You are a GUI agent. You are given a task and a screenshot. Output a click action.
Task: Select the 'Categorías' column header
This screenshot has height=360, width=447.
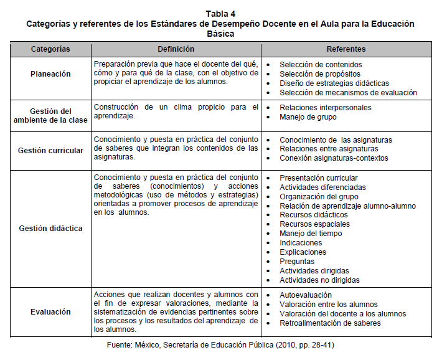coord(51,49)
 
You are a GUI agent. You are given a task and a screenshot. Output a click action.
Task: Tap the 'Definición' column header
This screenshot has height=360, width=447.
coord(176,49)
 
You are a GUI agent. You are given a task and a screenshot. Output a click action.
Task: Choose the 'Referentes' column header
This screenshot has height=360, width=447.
coord(346,49)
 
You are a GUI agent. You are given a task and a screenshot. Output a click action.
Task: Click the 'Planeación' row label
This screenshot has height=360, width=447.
coord(51,73)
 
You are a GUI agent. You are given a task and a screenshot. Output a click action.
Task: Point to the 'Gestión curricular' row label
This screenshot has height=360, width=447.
coord(51,150)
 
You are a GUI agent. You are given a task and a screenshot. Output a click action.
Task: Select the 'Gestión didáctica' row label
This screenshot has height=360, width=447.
coord(51,229)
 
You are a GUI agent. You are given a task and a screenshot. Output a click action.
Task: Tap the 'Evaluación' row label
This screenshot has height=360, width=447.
coord(51,312)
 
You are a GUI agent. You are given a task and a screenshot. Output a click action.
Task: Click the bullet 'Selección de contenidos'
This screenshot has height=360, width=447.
coord(321,64)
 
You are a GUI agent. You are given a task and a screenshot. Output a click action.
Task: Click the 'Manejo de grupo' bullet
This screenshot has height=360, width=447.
coord(308,116)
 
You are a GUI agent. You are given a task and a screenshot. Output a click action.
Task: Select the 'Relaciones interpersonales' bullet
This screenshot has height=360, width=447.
coord(326,107)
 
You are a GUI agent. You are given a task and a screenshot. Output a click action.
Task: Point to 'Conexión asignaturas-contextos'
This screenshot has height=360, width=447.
coord(334,158)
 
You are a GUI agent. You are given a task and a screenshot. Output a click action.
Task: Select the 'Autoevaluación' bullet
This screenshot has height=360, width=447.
coord(306,295)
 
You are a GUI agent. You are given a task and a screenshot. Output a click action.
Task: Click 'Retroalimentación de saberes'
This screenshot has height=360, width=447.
coord(330,323)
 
